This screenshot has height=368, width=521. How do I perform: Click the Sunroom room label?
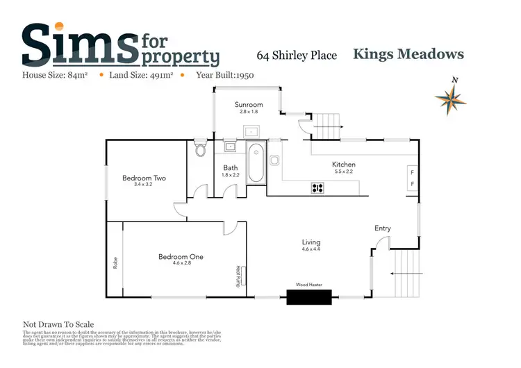pos(248,105)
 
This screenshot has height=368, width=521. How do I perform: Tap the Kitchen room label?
pos(344,165)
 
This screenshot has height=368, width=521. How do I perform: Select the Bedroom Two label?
pos(144,178)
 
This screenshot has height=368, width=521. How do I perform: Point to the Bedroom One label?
pos(181,257)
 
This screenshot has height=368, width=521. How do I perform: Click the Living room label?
pos(311,242)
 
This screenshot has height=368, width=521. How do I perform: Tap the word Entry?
pos(383,228)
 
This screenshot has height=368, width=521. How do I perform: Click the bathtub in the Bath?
pos(256,163)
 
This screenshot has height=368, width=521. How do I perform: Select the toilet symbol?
pos(201,150)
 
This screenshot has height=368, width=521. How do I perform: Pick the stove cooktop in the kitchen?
pos(317,187)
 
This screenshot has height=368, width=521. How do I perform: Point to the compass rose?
pos(450,99)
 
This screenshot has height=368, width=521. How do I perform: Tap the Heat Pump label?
pos(238,276)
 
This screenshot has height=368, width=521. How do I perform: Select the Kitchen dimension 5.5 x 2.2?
pos(344,172)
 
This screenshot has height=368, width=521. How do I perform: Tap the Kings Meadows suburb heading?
pos(408,54)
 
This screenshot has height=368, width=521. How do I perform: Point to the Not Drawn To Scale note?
pos(58,324)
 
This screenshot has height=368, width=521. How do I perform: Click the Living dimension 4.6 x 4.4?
pos(311,249)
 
